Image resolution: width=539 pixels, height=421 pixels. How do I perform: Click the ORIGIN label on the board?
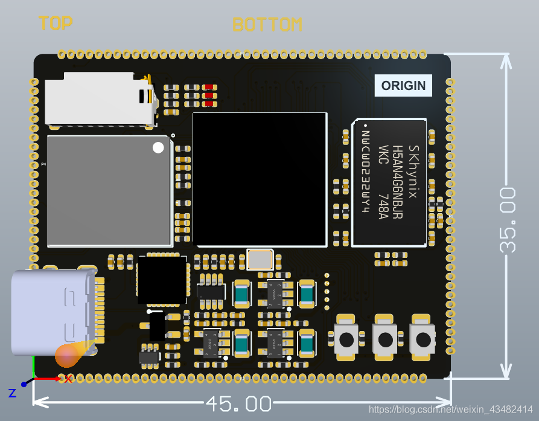[403, 86]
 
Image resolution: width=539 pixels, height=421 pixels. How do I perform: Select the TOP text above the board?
[56, 24]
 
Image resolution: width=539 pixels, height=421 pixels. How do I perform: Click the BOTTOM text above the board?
[267, 25]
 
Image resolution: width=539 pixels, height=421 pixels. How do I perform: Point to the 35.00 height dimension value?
[508, 219]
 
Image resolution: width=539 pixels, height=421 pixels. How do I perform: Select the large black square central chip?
[260, 179]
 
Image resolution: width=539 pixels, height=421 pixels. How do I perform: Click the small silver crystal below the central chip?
[260, 260]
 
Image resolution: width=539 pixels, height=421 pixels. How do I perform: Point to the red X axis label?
[68, 379]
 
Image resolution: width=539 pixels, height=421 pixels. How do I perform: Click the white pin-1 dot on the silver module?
[158, 147]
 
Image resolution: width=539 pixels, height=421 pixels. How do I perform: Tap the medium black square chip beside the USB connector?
[162, 280]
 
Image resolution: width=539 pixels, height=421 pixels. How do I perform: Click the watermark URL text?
[451, 410]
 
